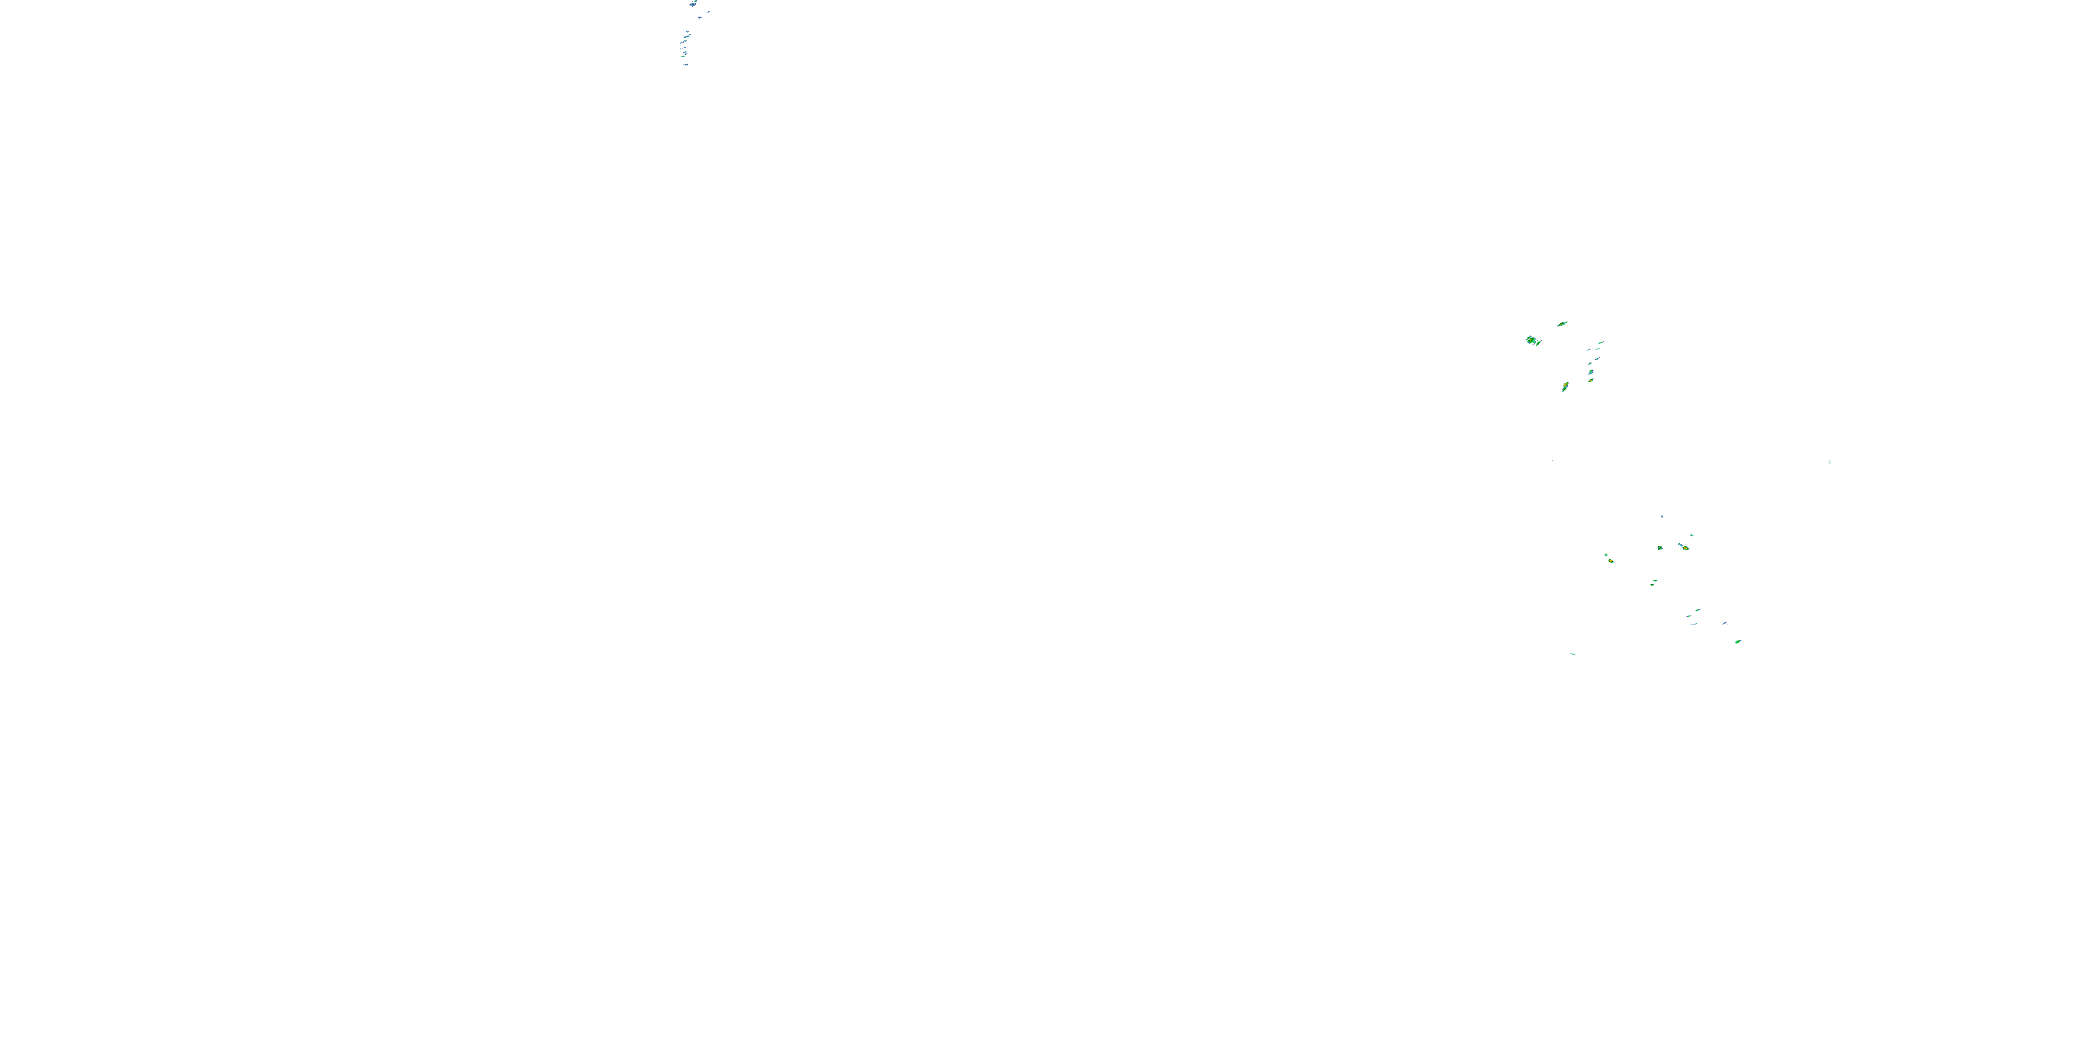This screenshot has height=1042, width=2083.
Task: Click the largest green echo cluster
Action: pyautogui.click(x=1532, y=340)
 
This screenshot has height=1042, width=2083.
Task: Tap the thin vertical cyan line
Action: pyautogui.click(x=1829, y=462)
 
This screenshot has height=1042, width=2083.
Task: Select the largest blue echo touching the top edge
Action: pyautogui.click(x=693, y=3)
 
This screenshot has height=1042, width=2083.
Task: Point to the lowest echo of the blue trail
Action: pyautogui.click(x=686, y=65)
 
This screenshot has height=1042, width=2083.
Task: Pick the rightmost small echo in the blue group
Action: pyautogui.click(x=709, y=11)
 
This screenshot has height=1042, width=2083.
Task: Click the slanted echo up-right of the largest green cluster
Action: pyautogui.click(x=1562, y=324)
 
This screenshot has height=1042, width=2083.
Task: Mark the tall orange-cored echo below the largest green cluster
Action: pyautogui.click(x=1564, y=387)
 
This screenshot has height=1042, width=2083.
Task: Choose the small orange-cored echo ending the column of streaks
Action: pyautogui.click(x=1591, y=379)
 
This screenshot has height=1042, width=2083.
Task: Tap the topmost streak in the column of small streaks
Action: pyautogui.click(x=1600, y=342)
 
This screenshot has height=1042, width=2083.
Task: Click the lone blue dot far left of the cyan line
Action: pyautogui.click(x=1552, y=461)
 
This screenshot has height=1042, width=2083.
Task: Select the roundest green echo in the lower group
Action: pyautogui.click(x=1660, y=547)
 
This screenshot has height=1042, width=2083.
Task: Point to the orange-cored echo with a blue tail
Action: pyautogui.click(x=1684, y=547)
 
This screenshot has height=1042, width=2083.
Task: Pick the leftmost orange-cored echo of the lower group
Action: pyautogui.click(x=1610, y=560)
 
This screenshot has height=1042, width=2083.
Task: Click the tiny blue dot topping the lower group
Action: pyautogui.click(x=1662, y=516)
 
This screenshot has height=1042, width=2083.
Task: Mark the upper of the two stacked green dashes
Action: pyautogui.click(x=1696, y=610)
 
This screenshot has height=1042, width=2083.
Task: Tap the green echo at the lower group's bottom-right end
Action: pyautogui.click(x=1738, y=642)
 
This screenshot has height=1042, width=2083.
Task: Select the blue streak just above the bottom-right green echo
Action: pyautogui.click(x=1725, y=623)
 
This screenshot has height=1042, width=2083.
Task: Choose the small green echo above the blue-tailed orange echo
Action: pyautogui.click(x=1691, y=535)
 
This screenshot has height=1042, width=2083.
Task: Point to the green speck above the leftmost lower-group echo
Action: pyautogui.click(x=1605, y=554)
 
